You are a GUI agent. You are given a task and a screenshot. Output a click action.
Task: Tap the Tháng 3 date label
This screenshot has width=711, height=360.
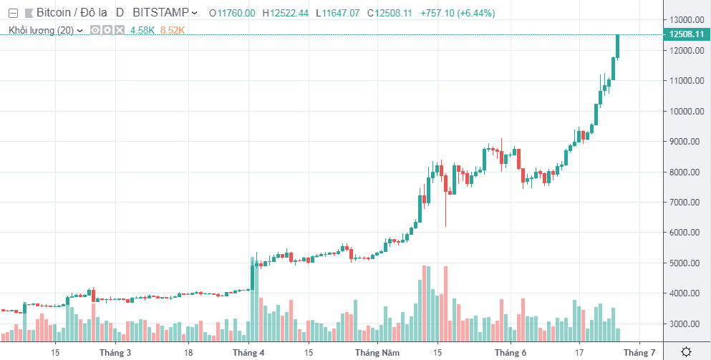pyautogui.click(x=115, y=352)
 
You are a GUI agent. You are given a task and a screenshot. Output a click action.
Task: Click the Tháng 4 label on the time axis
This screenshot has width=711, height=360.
pyautogui.click(x=248, y=352)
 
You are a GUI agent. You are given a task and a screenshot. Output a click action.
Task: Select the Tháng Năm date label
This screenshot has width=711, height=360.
pyautogui.click(x=377, y=352)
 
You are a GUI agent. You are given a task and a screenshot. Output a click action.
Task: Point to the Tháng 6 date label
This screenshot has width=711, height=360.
pyautogui.click(x=511, y=352)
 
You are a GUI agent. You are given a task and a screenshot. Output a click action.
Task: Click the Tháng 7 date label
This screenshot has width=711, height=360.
pyautogui.click(x=639, y=352)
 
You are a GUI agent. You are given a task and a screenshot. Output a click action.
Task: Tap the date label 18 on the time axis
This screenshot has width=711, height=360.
pyautogui.click(x=188, y=352)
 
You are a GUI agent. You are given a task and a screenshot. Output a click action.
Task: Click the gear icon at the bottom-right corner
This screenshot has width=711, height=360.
pyautogui.click(x=685, y=351)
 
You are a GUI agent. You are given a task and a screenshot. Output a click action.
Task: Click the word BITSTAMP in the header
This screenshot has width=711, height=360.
pyautogui.click(x=161, y=13)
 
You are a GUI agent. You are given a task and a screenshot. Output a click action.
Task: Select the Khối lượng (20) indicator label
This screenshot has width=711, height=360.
pyautogui.click(x=41, y=30)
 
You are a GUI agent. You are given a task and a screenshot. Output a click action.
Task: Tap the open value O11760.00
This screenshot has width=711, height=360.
pyautogui.click(x=232, y=13)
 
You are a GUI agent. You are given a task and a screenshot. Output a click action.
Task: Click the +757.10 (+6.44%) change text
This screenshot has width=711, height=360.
pyautogui.click(x=457, y=13)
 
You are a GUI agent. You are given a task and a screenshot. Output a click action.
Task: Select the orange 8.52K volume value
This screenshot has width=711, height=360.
pyautogui.click(x=173, y=30)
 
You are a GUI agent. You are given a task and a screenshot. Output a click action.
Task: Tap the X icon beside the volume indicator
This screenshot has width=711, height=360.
pyautogui.click(x=120, y=30)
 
